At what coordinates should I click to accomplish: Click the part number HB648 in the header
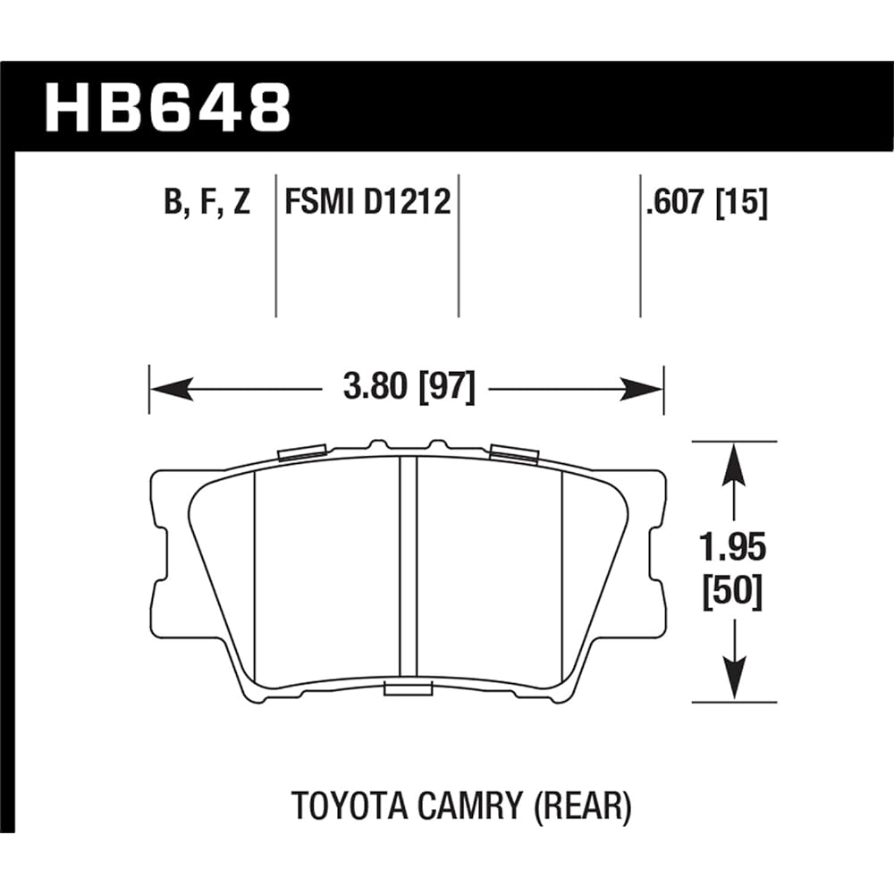[167, 108]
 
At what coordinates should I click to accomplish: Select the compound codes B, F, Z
[207, 204]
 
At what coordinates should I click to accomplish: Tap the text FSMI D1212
[367, 204]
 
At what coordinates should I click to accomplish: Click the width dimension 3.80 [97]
[407, 390]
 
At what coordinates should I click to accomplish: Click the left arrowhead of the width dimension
[170, 389]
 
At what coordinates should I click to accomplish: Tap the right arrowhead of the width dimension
[642, 389]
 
